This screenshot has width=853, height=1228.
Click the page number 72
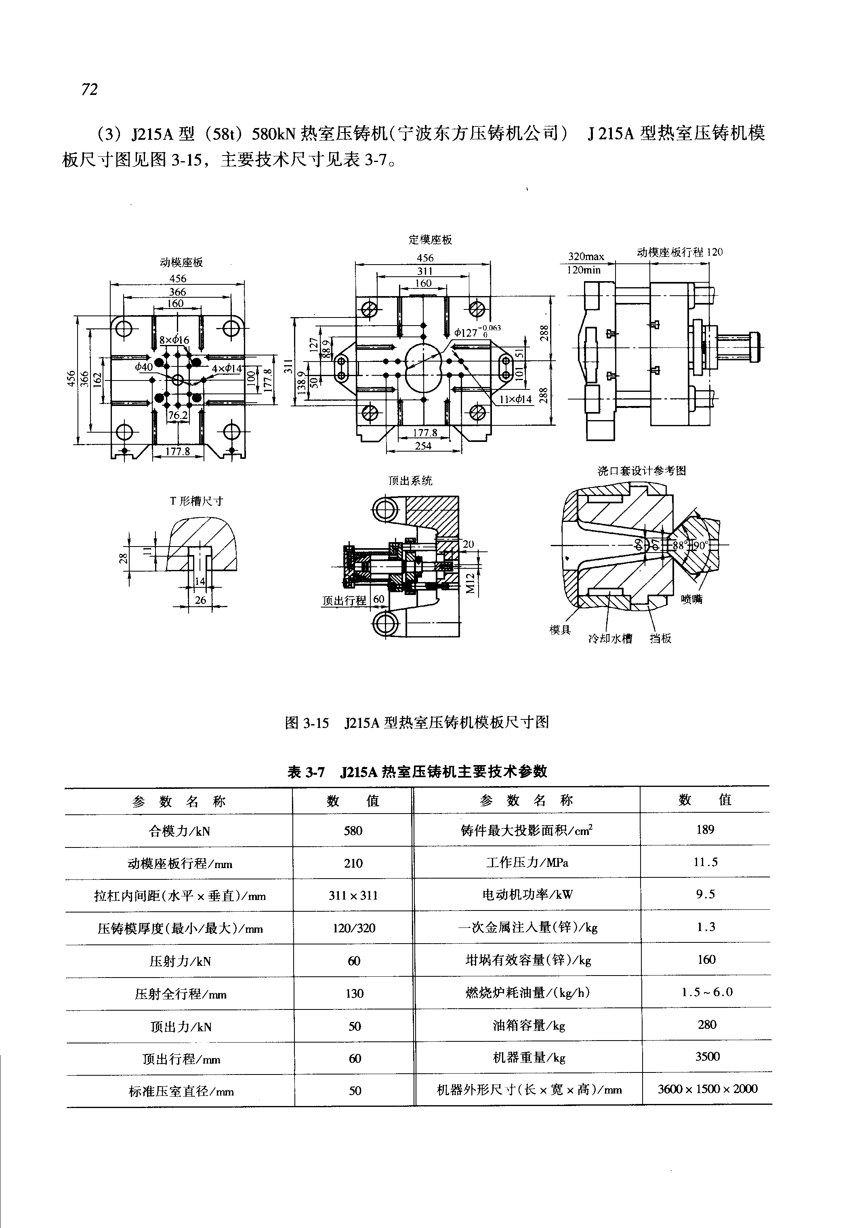(x=90, y=89)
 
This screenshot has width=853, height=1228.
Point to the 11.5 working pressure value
(x=706, y=862)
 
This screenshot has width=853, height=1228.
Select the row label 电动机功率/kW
(x=527, y=894)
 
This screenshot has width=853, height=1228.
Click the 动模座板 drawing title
(x=181, y=263)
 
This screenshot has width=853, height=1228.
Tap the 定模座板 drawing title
(x=430, y=240)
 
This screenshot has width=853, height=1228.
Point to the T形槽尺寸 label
(x=196, y=501)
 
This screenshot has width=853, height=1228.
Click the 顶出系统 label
(x=410, y=481)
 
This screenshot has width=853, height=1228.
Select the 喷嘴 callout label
(x=691, y=599)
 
